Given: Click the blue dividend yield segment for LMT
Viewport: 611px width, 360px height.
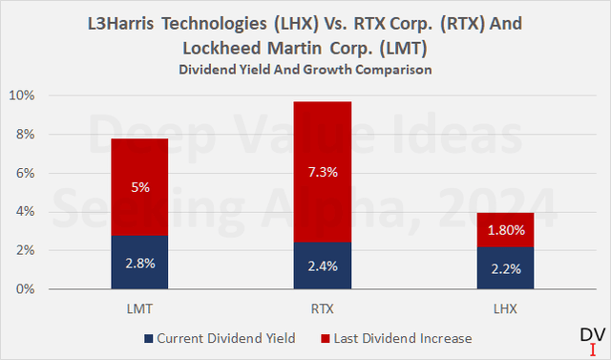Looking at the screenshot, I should [141, 262].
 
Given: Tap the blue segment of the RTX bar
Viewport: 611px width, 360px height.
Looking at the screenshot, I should [324, 265].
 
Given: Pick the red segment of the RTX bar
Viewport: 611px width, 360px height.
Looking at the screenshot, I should [324, 172].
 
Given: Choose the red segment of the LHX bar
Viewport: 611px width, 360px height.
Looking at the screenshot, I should [506, 229].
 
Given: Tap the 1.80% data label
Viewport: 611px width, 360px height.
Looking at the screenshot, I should [506, 230].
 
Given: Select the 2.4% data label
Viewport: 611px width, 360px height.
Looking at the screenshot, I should [324, 268].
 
